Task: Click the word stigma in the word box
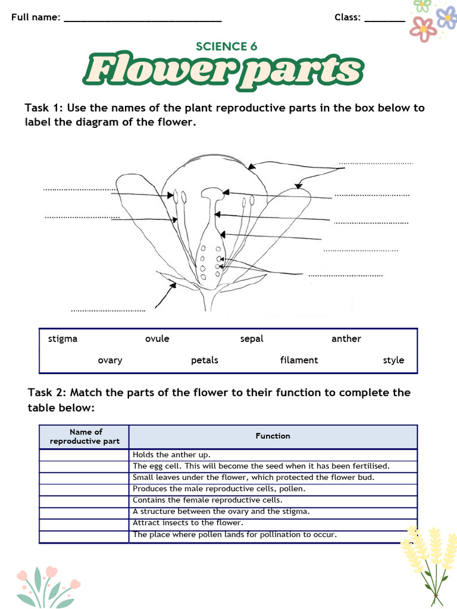coord(62,339)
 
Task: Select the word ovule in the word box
coord(157,339)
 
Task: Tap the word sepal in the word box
coord(252,339)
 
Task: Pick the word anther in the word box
coord(346,339)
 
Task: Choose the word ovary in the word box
coord(110,360)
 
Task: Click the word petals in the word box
coord(205,360)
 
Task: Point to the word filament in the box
coord(299,360)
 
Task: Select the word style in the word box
coord(393,360)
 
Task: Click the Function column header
coord(273,437)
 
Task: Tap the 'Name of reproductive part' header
coord(85,437)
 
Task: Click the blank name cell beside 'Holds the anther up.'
coord(84,455)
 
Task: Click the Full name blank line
coord(143,20)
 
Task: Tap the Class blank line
coord(384,20)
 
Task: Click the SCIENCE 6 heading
coord(227,46)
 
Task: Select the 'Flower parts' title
coord(223,71)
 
